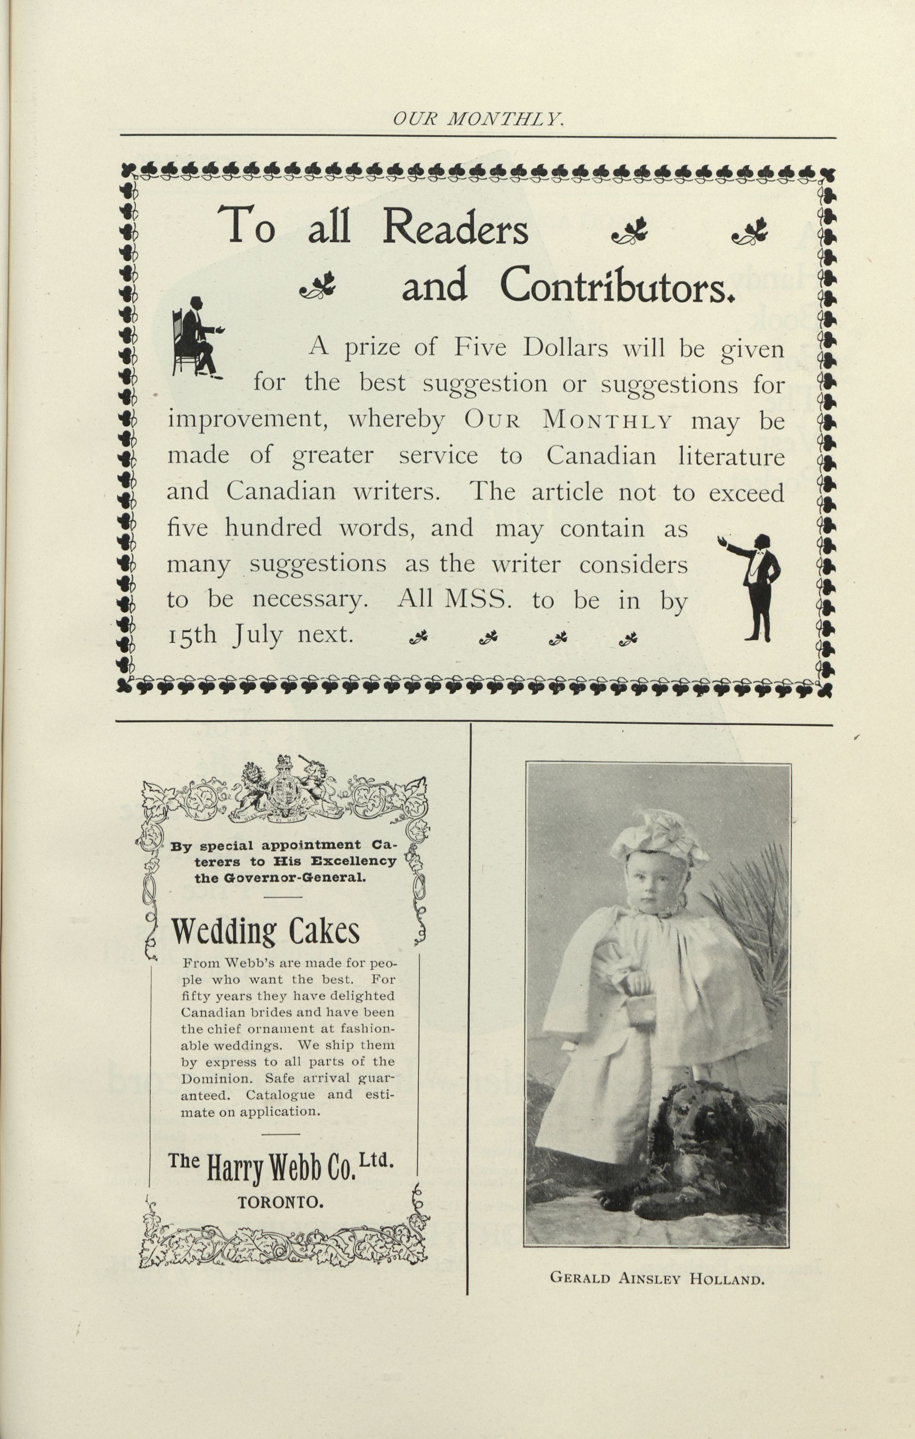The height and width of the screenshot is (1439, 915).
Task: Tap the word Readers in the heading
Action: tap(455, 227)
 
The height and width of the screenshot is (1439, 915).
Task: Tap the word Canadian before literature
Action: tap(601, 457)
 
